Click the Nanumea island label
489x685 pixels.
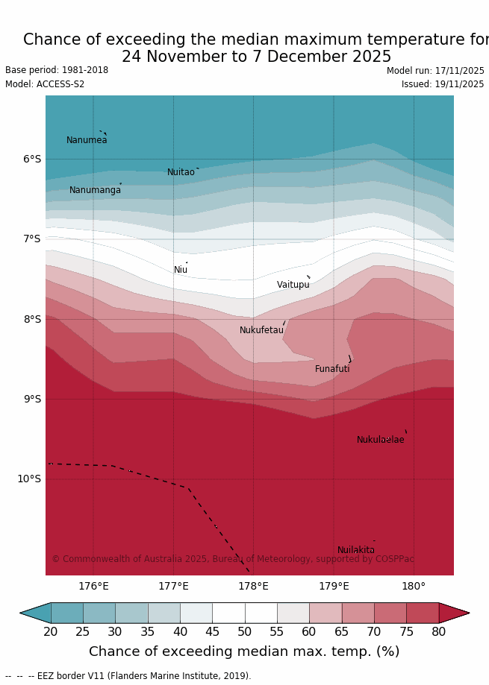(x=87, y=140)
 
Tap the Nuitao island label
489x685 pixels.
(x=181, y=172)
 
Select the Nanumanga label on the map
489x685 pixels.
(x=95, y=190)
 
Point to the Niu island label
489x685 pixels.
(x=181, y=270)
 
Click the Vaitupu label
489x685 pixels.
(x=293, y=285)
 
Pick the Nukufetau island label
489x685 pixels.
(x=261, y=330)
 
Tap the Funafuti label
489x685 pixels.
(x=332, y=369)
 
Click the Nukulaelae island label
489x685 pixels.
(x=380, y=440)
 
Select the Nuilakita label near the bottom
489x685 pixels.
(x=355, y=550)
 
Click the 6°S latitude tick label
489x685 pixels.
(x=32, y=159)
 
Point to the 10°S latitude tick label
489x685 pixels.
(x=29, y=479)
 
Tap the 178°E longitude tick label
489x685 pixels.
(x=253, y=587)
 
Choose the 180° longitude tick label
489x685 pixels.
(x=414, y=587)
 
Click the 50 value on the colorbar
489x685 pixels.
(x=244, y=632)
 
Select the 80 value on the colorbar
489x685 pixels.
(x=438, y=632)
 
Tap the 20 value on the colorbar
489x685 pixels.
(x=51, y=632)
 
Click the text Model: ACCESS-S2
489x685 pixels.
(x=45, y=84)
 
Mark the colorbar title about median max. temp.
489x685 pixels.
(x=244, y=651)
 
